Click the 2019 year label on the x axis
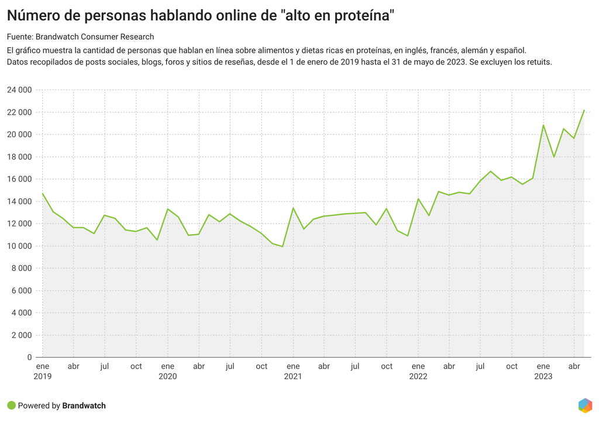tap(42, 376)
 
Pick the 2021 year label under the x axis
tap(293, 376)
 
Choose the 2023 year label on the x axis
tap(543, 376)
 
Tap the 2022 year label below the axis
tap(418, 376)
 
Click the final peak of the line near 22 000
tap(584, 110)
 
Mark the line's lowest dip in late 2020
tap(283, 246)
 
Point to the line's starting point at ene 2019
tap(43, 193)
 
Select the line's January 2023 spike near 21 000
tap(543, 125)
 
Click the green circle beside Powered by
tap(11, 405)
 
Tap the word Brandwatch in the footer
tap(84, 406)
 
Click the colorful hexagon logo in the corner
tap(585, 405)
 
